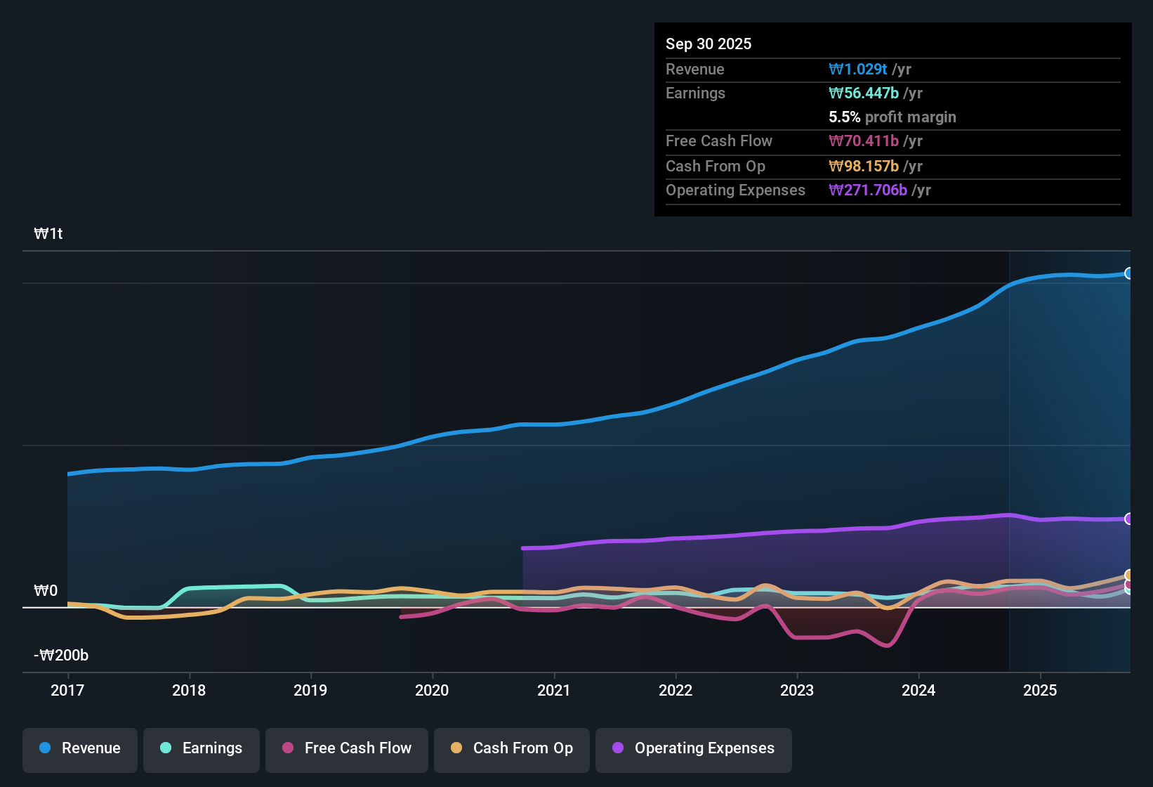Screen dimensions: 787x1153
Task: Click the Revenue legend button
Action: tap(80, 748)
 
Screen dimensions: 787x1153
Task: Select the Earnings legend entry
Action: tap(202, 748)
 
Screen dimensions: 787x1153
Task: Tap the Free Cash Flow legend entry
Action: tap(347, 748)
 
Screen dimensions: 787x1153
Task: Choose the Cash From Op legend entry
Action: tap(512, 748)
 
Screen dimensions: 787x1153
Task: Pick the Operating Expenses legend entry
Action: tap(694, 748)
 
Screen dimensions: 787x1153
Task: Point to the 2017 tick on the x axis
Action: tap(67, 690)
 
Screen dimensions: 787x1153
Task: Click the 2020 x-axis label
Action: tap(432, 690)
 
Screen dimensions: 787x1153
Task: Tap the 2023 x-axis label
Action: tap(797, 690)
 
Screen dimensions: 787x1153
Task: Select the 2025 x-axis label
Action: tap(1040, 690)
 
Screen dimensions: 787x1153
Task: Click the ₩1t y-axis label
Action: tap(48, 234)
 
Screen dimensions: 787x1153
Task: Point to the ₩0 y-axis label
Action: tap(46, 591)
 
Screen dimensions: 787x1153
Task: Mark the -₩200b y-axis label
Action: tap(61, 656)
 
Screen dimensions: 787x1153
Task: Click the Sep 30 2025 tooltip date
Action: tap(709, 44)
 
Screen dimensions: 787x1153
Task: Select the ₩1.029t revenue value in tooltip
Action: tap(858, 69)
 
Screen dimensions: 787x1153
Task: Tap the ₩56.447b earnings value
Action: tap(864, 93)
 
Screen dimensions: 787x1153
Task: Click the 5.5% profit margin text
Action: tap(892, 117)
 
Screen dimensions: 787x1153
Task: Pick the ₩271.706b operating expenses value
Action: tap(868, 190)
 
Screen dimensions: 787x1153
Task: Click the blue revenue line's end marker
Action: tap(1128, 273)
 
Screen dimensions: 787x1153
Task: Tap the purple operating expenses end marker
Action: tap(1128, 519)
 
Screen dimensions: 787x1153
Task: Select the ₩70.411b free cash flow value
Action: tap(864, 141)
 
